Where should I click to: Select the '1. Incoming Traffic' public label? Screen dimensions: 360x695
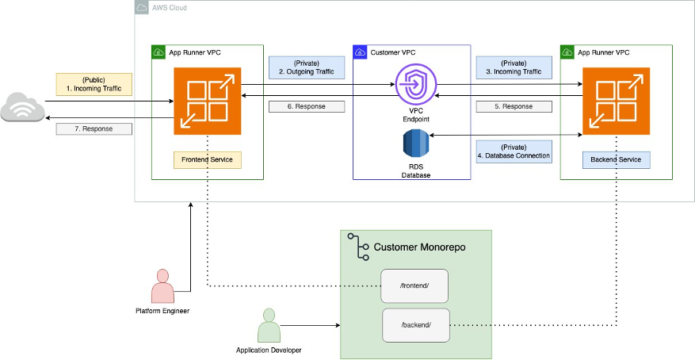(x=93, y=84)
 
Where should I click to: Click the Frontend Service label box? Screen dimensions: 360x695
(x=207, y=159)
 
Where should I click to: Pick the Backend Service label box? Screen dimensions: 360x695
(x=617, y=159)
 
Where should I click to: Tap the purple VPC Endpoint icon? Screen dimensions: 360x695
(x=411, y=82)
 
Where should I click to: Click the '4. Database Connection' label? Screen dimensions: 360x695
(x=514, y=151)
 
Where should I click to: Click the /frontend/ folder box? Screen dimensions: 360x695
(x=414, y=285)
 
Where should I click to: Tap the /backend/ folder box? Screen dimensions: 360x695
(x=415, y=324)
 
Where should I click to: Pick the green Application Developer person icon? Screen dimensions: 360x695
(x=269, y=325)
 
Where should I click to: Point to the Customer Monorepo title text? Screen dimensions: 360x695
(x=419, y=247)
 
